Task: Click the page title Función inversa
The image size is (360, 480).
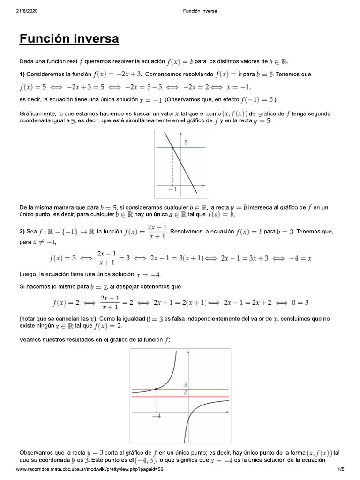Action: point(69,39)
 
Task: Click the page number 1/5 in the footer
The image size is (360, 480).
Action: point(340,469)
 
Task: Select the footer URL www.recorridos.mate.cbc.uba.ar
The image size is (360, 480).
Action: point(90,469)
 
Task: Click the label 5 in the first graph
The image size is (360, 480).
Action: point(186,142)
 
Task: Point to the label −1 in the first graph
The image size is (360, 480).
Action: point(172,189)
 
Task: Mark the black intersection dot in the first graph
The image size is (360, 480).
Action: point(172,147)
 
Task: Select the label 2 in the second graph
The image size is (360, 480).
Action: point(185,392)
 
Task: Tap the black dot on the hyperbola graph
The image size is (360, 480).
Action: point(156,389)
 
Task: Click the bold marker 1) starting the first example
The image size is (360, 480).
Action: point(22,75)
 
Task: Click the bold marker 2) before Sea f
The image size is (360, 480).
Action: point(22,232)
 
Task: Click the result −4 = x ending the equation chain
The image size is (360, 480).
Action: point(302,258)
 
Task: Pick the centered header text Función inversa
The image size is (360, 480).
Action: point(200,11)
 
